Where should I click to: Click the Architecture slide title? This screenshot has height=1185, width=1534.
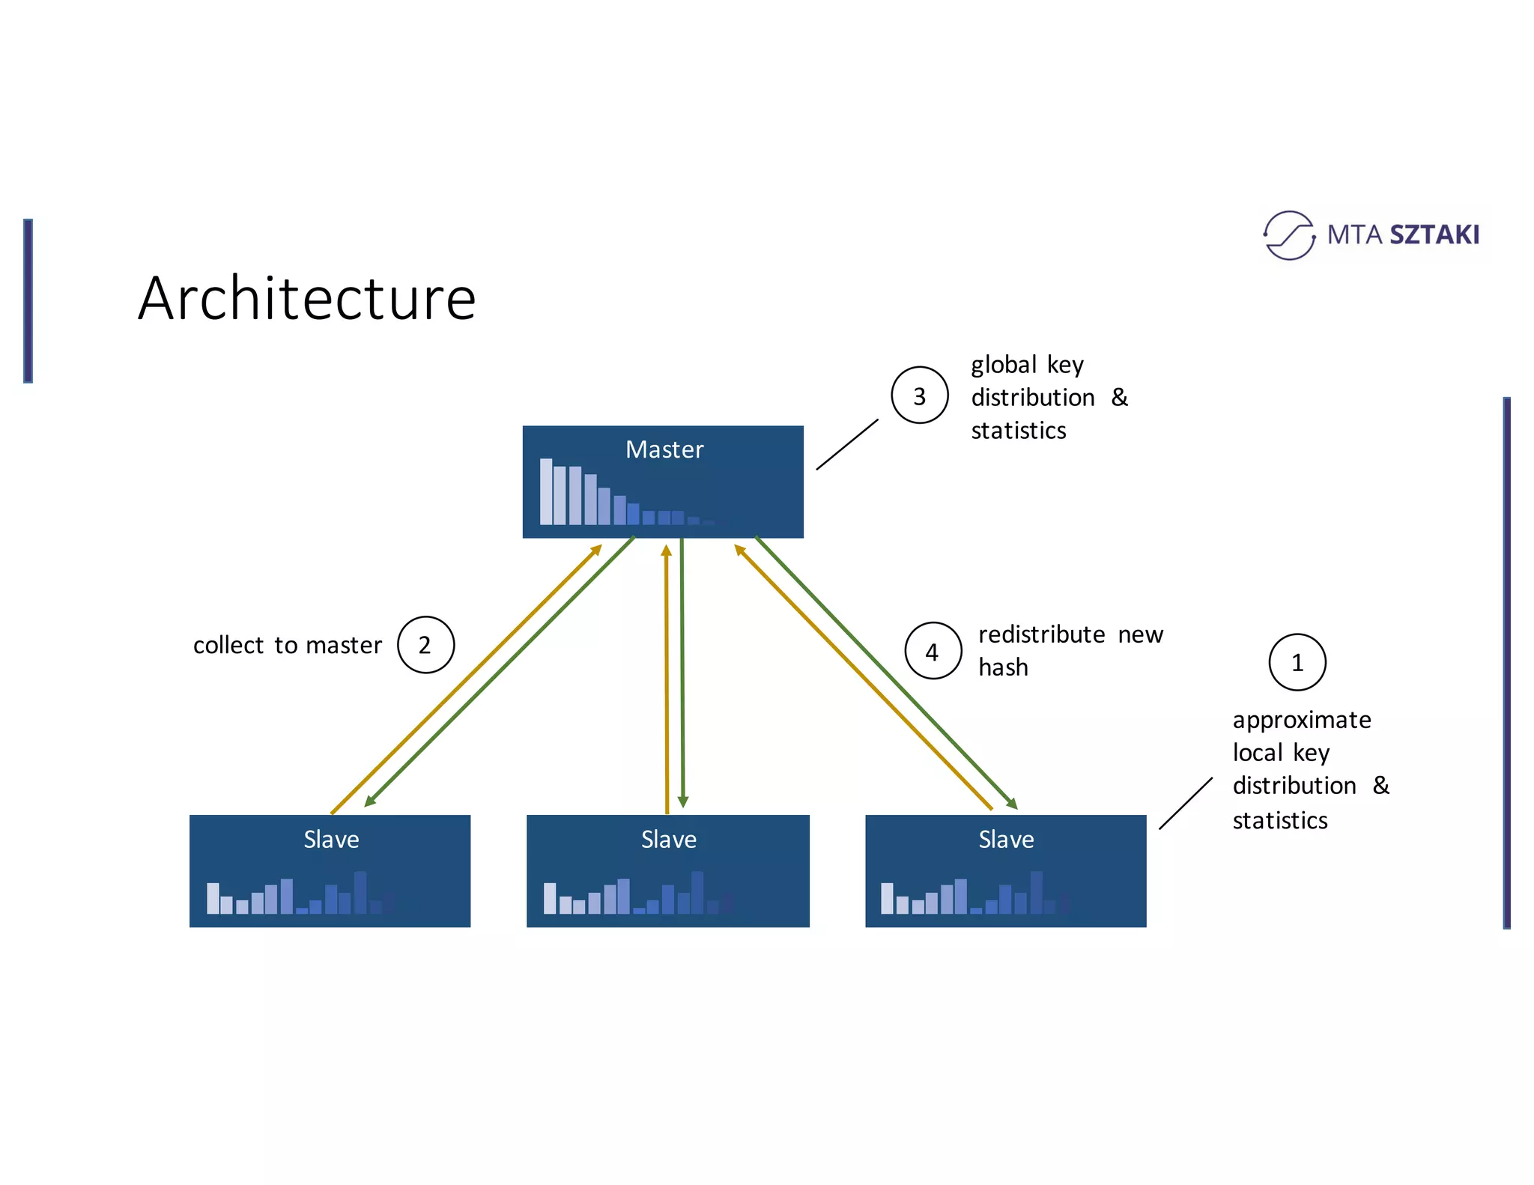(x=307, y=298)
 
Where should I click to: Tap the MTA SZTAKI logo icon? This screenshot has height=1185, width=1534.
(x=1288, y=235)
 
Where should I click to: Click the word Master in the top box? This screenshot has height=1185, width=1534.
(x=664, y=449)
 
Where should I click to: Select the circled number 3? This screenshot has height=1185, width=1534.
(x=919, y=395)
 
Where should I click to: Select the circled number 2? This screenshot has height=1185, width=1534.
(x=425, y=645)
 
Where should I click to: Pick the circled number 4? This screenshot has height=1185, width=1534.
(x=933, y=651)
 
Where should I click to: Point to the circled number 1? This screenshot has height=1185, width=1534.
(x=1297, y=662)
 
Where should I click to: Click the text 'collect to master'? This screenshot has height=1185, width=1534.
(x=288, y=645)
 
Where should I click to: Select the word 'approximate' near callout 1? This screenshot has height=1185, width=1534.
(x=1302, y=720)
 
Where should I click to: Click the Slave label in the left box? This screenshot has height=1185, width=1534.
(x=331, y=840)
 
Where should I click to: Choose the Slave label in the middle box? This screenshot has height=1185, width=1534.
(x=668, y=840)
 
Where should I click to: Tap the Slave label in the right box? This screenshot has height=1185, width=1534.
(x=1006, y=840)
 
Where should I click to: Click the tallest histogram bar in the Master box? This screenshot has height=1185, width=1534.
(x=546, y=491)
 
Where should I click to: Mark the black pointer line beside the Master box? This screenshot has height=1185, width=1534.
(x=847, y=444)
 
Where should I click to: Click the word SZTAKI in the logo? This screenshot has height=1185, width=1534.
(x=1434, y=235)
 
